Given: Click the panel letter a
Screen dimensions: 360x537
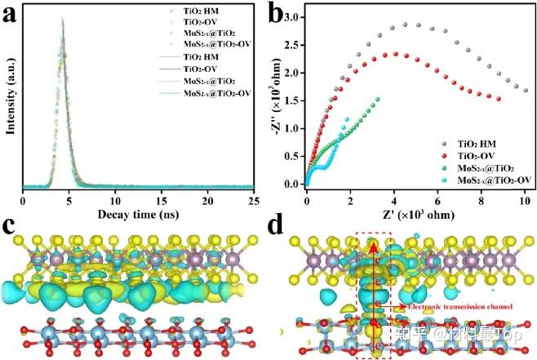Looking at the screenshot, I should click(x=11, y=13).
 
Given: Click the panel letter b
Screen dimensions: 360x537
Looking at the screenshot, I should click(x=279, y=13).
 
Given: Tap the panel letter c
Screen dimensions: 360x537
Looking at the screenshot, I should click(x=11, y=224).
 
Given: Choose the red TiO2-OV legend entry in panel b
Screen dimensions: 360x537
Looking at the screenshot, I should click(x=490, y=153).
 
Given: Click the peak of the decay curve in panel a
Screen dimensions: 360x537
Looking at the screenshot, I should click(x=62, y=20).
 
